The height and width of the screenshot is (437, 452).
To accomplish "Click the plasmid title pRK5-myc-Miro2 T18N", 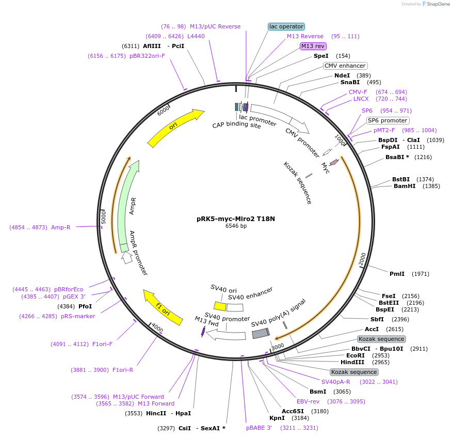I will pos(236,218).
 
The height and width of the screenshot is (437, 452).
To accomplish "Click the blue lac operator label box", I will pos(286,26).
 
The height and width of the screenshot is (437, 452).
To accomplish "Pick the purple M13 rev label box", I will pos(313,46).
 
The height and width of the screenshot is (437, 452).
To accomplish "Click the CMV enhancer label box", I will pos(345,66).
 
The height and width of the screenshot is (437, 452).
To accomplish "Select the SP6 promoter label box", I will pos(388,120).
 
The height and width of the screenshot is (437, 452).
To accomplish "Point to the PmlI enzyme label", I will pos(397,274).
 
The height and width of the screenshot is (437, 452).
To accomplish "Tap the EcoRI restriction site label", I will pos(356,355).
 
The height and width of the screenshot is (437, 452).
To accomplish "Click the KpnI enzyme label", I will pos(277,418).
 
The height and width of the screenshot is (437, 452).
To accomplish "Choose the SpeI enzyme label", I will pos(321,56).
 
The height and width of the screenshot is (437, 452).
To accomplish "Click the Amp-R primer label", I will pos(61,227).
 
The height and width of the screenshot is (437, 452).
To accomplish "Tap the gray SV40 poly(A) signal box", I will pos(260,334).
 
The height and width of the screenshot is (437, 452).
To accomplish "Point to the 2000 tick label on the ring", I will pos(362,260).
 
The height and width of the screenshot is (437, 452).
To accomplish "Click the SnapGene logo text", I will pos(435,4).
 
